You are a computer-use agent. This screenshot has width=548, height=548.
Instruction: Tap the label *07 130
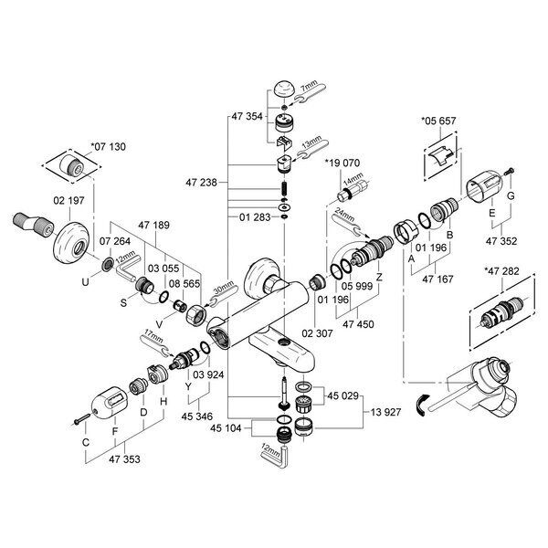pyautogui.click(x=109, y=145)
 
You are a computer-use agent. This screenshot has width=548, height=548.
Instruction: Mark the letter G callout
pyautogui.click(x=511, y=196)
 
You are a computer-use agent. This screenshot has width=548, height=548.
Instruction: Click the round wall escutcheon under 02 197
pyautogui.click(x=72, y=239)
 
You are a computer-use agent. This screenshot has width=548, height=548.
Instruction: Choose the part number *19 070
pyautogui.click(x=343, y=163)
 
